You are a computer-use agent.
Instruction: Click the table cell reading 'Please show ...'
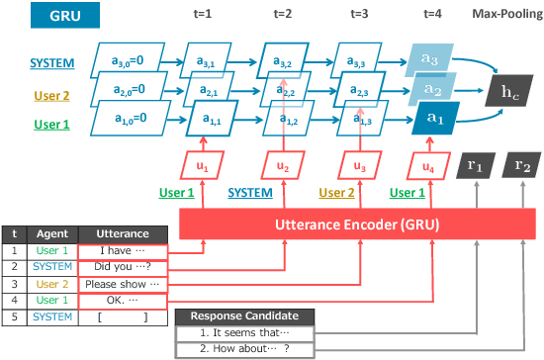(122, 285)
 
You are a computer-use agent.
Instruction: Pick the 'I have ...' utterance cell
(122, 251)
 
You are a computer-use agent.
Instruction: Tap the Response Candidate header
(245, 316)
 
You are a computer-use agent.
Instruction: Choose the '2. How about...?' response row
(245, 348)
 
